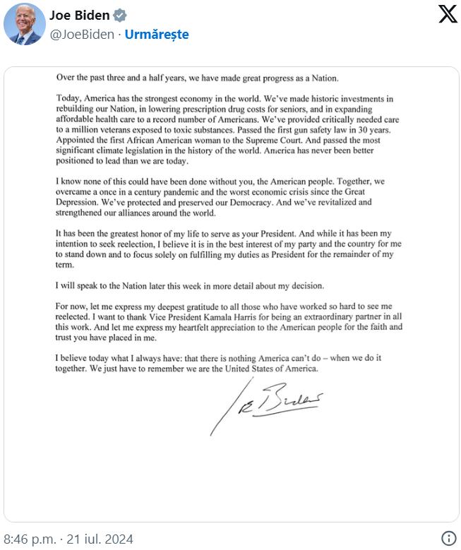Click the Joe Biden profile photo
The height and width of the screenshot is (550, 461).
(x=25, y=24)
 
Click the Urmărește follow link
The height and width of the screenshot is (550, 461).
(x=157, y=34)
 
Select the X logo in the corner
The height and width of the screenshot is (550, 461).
(x=448, y=14)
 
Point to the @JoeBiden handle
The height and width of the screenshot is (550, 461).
(x=82, y=34)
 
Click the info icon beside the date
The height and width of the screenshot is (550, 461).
(x=448, y=538)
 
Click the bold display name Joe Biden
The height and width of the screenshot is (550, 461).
(x=79, y=16)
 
